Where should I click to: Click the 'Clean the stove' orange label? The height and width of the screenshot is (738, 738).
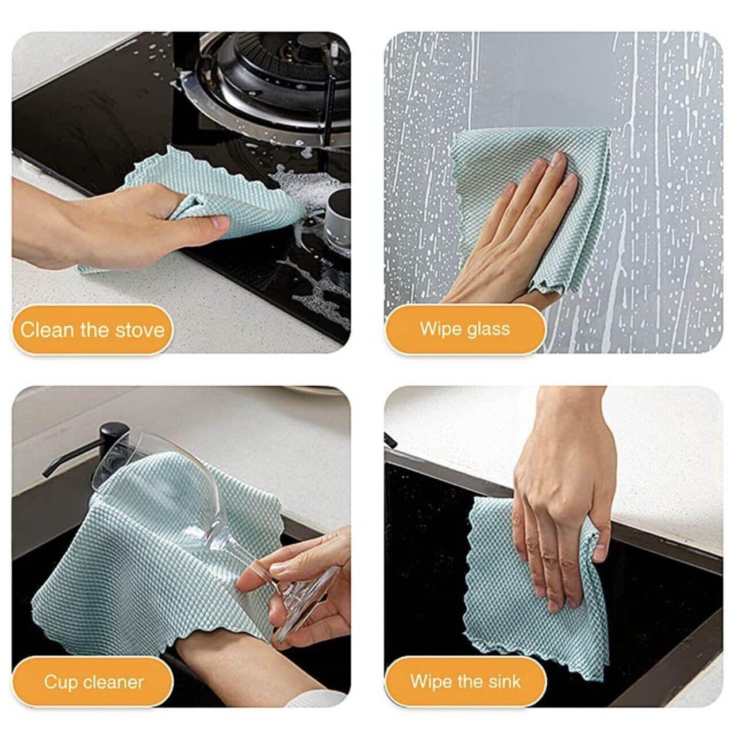(x=92, y=330)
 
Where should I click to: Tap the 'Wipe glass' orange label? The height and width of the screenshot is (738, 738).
(x=464, y=329)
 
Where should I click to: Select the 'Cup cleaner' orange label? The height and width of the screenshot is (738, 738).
(x=93, y=682)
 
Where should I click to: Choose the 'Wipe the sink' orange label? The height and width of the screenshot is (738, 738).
(x=465, y=682)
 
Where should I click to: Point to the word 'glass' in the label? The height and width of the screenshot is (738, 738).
(x=488, y=329)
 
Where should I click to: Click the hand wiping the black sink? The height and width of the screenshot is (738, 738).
(x=560, y=500)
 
